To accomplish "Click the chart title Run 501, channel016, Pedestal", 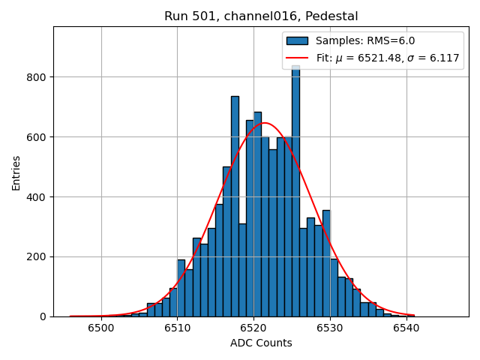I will (x=261, y=16).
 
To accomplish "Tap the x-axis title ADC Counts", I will (x=261, y=343).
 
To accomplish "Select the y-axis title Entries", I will (x=16, y=172).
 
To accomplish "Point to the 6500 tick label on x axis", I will (x=101, y=328).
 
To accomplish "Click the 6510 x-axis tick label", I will (x=177, y=328).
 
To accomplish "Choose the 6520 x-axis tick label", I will (x=253, y=328).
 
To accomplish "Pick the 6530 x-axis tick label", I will (x=329, y=328).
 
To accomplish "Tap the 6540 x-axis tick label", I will (x=406, y=328).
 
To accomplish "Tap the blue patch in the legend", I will (x=297, y=41).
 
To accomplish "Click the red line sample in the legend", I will (x=297, y=58).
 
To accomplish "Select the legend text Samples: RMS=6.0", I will (x=365, y=41).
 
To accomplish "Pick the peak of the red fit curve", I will (x=264, y=123).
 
